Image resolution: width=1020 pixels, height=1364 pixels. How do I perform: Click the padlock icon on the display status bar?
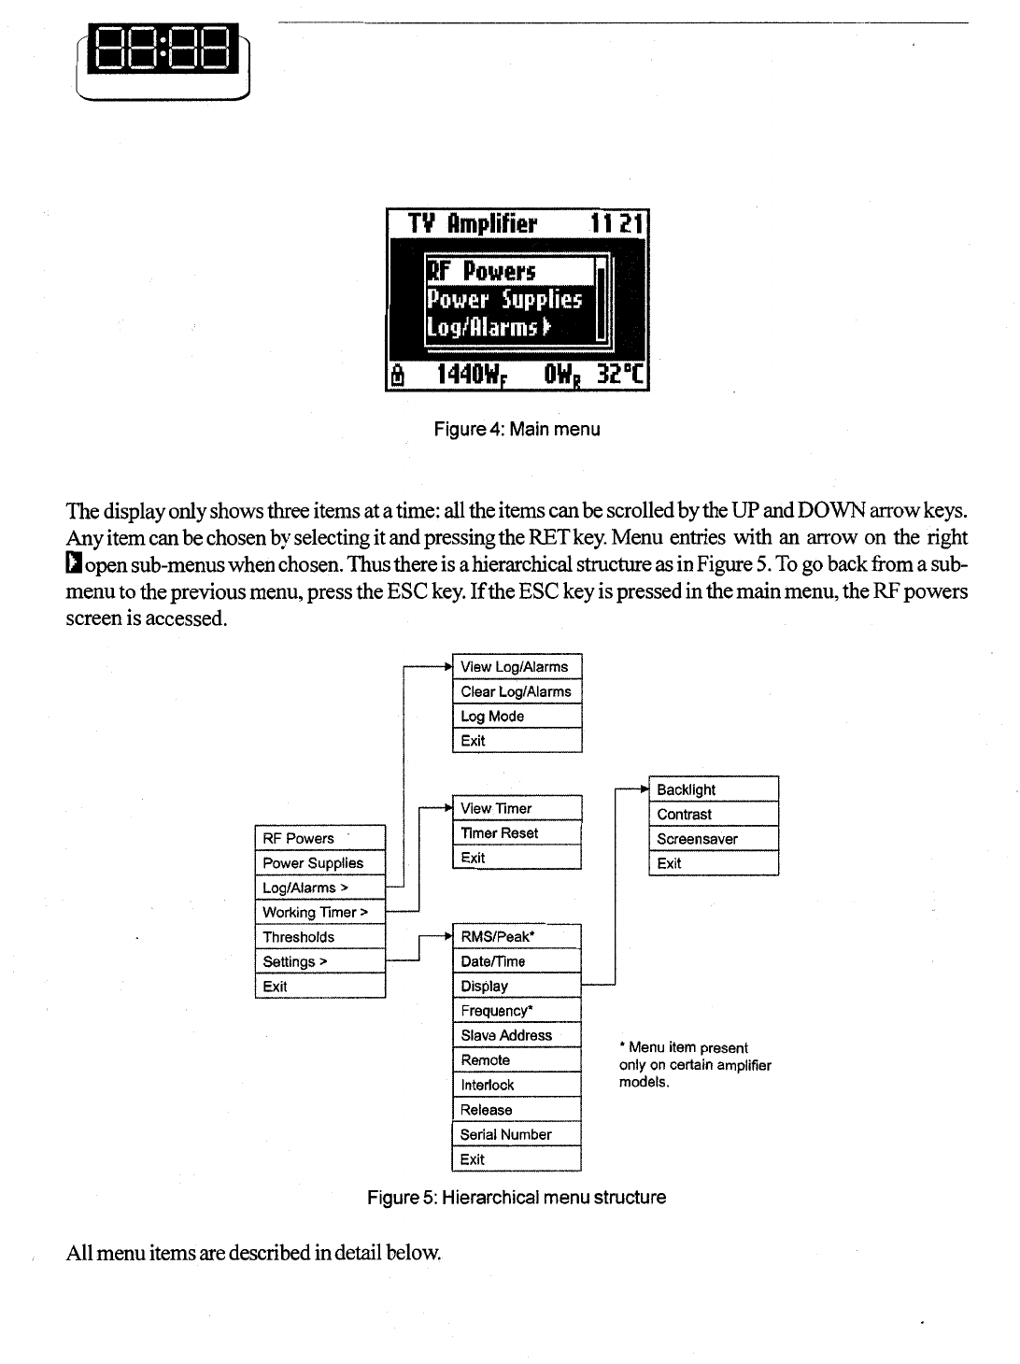[399, 376]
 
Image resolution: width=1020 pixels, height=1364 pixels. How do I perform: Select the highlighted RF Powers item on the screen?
[509, 271]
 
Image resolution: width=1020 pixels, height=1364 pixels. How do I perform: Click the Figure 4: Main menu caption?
[517, 430]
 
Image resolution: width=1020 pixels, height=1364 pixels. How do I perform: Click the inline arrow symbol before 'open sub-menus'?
[75, 564]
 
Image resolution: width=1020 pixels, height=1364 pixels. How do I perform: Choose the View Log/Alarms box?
[517, 667]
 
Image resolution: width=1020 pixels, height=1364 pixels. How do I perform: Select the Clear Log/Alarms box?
[517, 691]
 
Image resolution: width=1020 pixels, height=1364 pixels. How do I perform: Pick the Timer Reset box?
[517, 833]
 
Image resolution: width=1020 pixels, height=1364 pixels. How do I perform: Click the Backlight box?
[714, 789]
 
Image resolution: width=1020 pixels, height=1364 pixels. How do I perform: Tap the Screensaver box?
[714, 839]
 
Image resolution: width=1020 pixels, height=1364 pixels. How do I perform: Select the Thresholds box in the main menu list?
[319, 937]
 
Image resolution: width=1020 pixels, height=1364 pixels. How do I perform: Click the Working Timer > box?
[319, 913]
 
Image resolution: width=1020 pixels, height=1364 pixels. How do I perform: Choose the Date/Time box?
[517, 961]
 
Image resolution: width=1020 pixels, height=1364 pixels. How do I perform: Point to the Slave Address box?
[517, 1035]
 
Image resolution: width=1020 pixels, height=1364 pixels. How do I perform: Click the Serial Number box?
[517, 1134]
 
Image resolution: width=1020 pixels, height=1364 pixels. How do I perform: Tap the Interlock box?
[517, 1085]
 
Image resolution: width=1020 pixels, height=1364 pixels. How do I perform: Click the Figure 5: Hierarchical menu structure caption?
[517, 1198]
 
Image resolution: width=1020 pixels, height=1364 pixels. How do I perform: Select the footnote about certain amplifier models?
[695, 1065]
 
